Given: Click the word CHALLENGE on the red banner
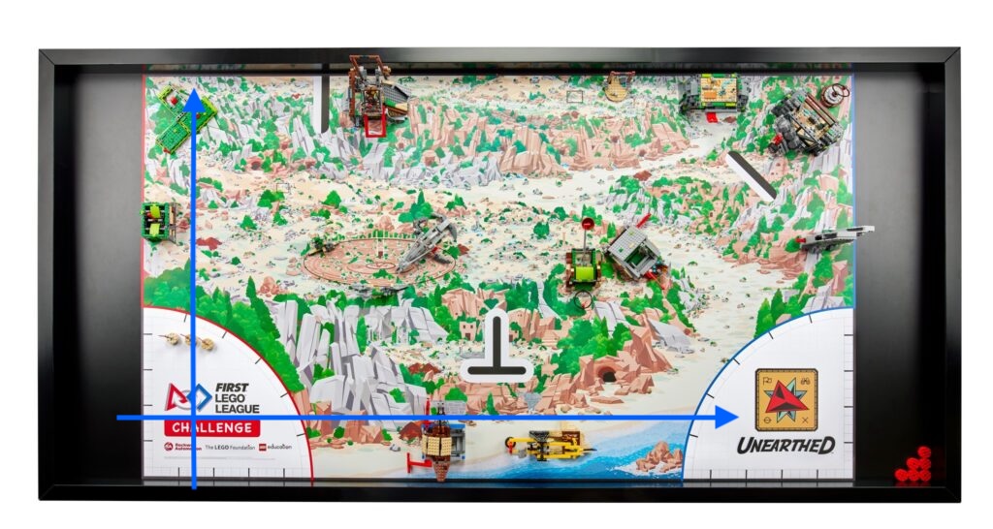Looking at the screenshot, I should (x=210, y=427).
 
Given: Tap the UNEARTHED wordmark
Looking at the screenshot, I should (x=785, y=446).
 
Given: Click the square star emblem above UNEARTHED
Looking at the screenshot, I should (x=785, y=399).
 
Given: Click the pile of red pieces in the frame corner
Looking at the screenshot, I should (x=914, y=466).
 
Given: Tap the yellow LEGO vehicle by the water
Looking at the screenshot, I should (x=548, y=445).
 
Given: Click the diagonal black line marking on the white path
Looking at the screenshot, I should (x=751, y=175).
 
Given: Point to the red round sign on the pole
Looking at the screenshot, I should (x=586, y=225).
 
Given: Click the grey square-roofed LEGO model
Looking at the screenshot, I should (x=634, y=251).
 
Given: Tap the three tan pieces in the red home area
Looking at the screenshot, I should (x=188, y=341).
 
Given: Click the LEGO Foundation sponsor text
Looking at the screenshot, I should (x=229, y=447).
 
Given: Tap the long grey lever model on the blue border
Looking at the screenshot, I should (x=835, y=236).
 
